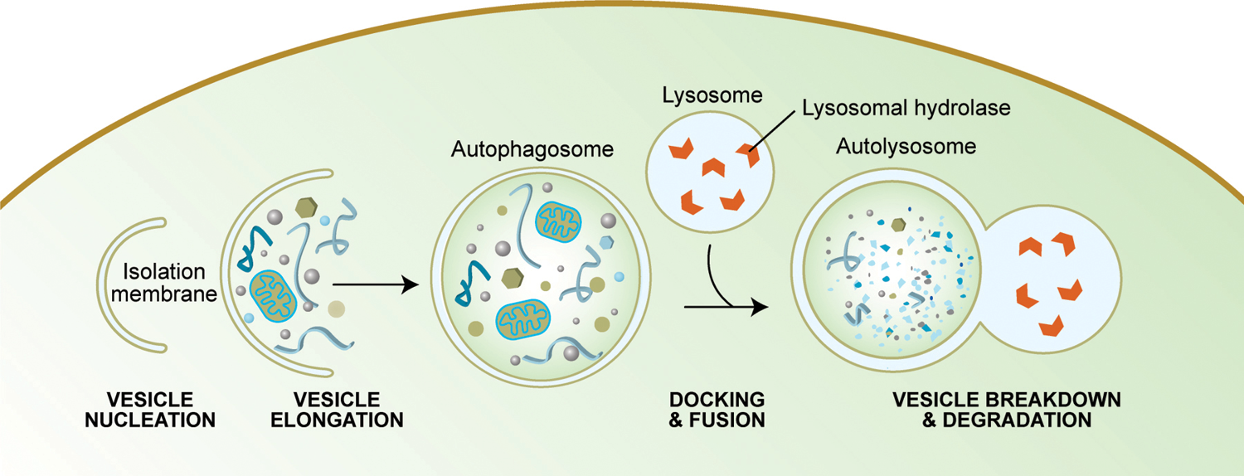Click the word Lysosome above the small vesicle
coord(712,95)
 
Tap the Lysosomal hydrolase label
coord(906,108)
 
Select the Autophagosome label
coord(532,149)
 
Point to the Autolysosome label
coord(906,147)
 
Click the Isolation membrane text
coord(164,283)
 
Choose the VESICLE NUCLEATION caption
coord(150,410)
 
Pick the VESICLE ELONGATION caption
coord(337,410)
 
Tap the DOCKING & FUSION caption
coord(717,410)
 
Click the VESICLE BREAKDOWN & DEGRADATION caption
coord(1007,410)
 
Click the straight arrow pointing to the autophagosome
coord(376,285)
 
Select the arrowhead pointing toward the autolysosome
coord(760,307)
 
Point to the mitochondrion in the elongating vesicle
coord(273,296)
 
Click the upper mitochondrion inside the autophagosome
coord(558,221)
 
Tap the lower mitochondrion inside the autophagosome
coord(522,319)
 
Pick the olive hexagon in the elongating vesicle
coord(306,207)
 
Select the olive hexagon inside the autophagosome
coord(512,278)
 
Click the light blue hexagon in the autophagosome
coord(606,243)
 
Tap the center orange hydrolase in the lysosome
coord(713,167)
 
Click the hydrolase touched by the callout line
coord(749,154)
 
